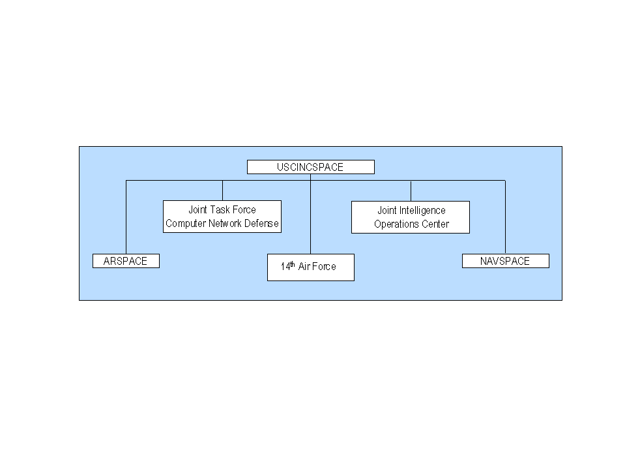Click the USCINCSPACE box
point(310,167)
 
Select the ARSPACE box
point(126,261)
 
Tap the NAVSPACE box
point(506,261)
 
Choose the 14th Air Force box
point(310,267)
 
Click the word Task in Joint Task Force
point(220,210)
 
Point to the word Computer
point(185,223)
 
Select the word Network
point(225,223)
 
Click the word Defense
point(261,223)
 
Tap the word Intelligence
point(422,211)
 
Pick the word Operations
point(392,224)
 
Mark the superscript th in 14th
point(293,264)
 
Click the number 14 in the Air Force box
point(285,266)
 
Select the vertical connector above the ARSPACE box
point(126,217)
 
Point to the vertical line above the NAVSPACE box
point(506,217)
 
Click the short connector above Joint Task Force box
point(222,190)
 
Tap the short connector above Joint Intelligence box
point(411,191)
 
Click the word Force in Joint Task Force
point(244,210)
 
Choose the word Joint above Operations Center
point(386,211)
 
